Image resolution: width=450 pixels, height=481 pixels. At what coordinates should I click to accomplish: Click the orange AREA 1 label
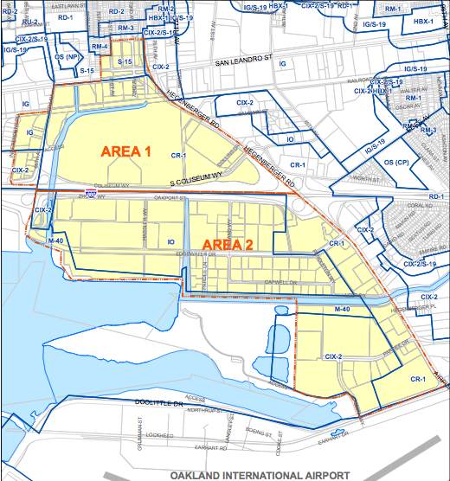click(x=126, y=151)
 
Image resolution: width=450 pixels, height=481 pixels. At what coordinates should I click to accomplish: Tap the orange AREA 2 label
click(x=228, y=245)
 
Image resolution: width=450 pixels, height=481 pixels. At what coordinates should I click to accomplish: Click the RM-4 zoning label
click(x=99, y=45)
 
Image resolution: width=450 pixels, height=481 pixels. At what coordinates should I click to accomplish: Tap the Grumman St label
click(x=138, y=428)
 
